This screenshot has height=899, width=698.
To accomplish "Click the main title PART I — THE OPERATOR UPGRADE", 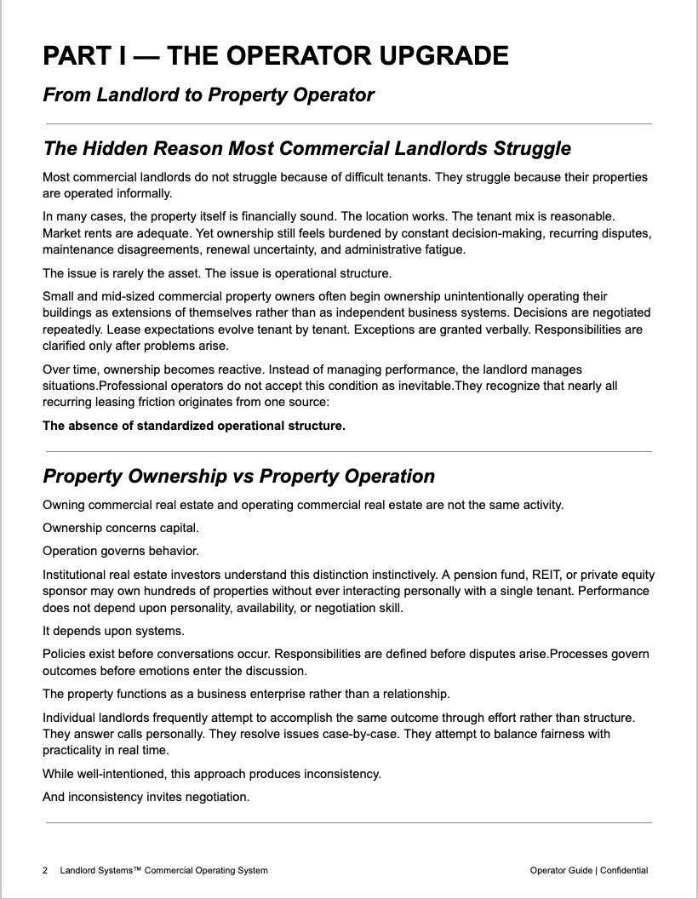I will (x=276, y=56).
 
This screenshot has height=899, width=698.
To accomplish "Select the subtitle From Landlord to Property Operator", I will (x=209, y=94).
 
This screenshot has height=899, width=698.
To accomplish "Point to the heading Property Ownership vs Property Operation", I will (x=238, y=476).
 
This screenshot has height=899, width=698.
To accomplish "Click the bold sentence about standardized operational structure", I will (x=194, y=426).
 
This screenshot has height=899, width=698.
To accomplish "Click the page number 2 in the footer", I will (x=45, y=870).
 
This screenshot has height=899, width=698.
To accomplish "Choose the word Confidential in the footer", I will (x=624, y=870).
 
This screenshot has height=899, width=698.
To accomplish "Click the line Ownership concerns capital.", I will (x=121, y=528).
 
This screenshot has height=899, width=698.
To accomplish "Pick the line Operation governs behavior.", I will (x=121, y=551).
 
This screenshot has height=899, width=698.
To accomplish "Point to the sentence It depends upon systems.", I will (x=113, y=631).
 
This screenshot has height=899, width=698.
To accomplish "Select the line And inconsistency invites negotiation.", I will (x=146, y=797).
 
